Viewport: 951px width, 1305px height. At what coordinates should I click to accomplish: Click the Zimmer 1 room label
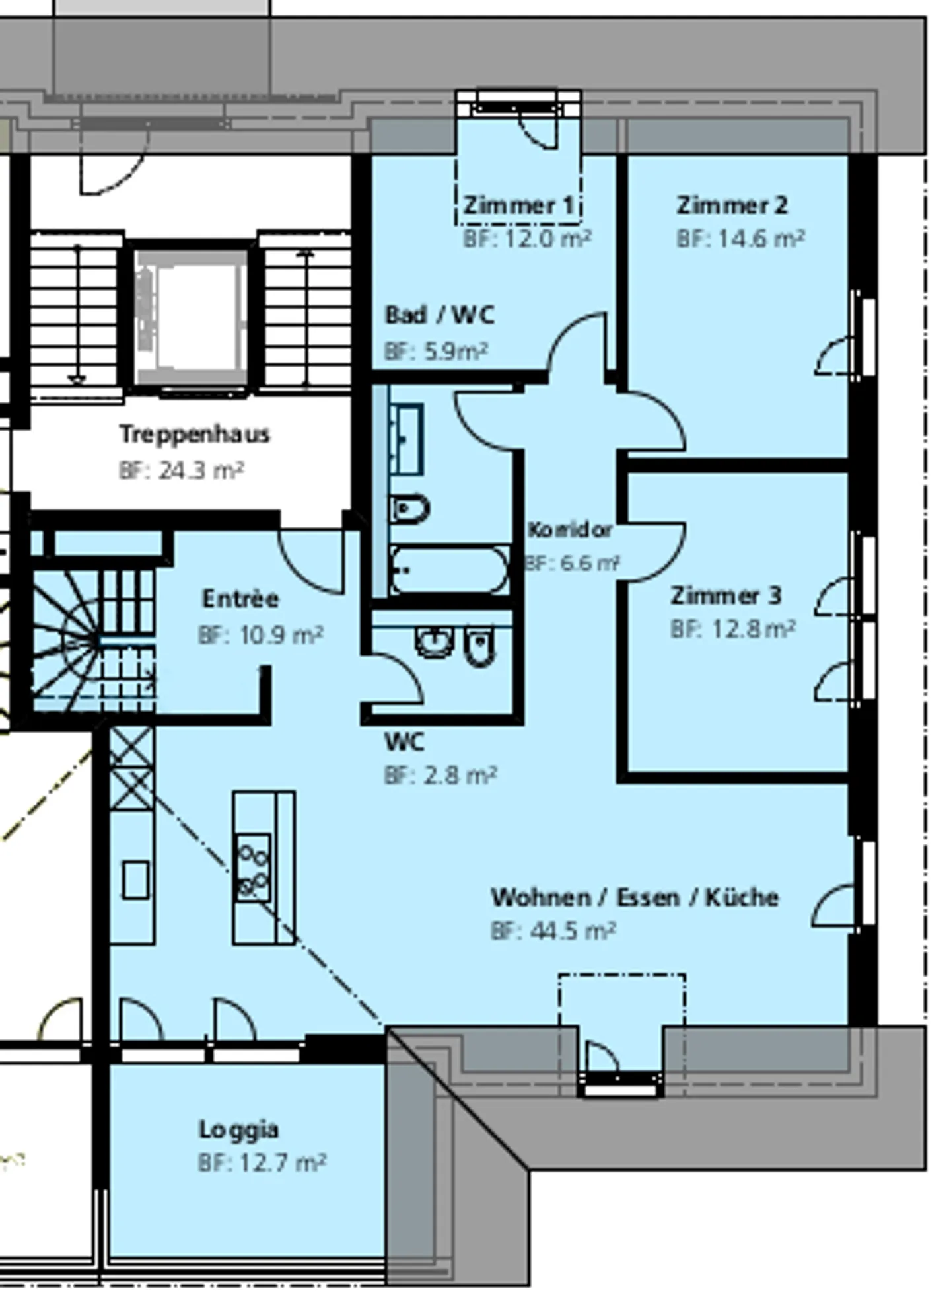518,205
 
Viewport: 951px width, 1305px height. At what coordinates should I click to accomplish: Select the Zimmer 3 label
726,595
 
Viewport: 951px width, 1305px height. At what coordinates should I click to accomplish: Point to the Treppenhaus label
195,434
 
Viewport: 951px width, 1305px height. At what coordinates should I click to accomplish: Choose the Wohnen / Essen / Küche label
635,897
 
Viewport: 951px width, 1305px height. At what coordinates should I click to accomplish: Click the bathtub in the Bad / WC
449,570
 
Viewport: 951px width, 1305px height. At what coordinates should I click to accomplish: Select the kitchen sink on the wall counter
136,879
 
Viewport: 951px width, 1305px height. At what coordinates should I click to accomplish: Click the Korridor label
569,529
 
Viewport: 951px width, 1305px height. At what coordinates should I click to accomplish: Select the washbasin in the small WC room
434,641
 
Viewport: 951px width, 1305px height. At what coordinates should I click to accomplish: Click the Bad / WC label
440,315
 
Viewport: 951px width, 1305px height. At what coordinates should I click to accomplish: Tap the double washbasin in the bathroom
407,439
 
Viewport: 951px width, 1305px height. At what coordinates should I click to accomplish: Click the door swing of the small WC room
395,677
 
